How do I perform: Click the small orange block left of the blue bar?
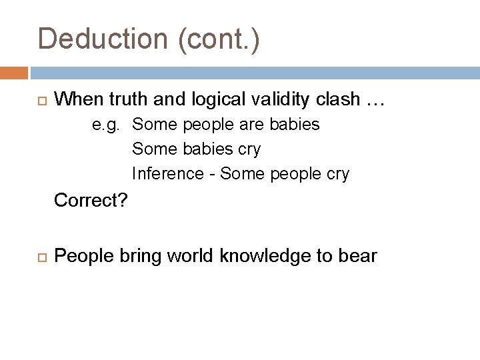[x=14, y=72]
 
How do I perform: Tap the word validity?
[x=279, y=100]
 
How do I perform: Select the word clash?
[x=338, y=100]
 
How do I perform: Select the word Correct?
[x=91, y=200]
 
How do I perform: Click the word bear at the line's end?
[x=358, y=256]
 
